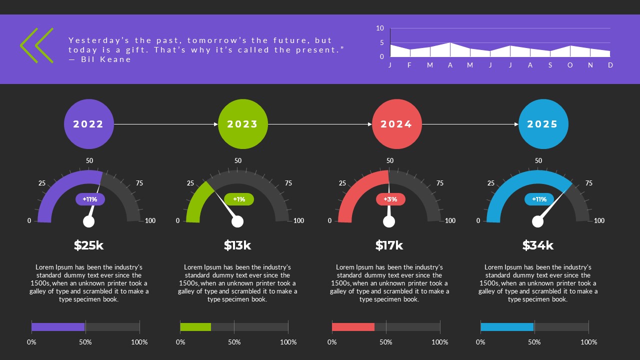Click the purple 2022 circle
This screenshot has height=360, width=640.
88,124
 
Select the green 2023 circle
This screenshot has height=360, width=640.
242,124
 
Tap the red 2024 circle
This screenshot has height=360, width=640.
396,124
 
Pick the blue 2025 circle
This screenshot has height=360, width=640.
543,124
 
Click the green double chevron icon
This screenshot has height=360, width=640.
36,45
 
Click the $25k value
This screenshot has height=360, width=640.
88,245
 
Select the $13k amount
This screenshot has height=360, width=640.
237,245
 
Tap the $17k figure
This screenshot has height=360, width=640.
389,245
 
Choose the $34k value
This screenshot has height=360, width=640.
538,245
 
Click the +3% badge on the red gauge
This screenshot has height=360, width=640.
390,199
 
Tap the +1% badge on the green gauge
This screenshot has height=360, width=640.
239,199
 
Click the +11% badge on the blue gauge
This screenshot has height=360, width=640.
539,199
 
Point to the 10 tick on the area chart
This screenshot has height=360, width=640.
380,28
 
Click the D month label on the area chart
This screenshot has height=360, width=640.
610,65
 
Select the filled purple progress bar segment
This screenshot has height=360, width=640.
58,327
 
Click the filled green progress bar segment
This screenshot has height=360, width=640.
195,327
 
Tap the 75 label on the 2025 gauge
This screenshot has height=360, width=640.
589,183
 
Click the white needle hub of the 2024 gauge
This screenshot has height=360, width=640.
389,221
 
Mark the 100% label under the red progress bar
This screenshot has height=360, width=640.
440,342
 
